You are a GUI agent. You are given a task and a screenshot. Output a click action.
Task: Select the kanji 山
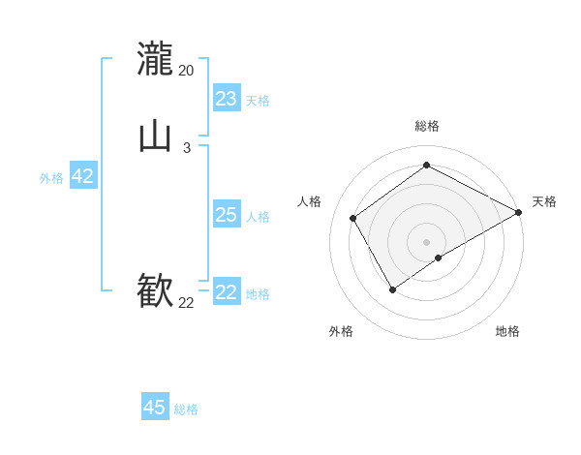(155, 136)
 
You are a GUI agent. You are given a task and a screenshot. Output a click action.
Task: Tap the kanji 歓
(155, 290)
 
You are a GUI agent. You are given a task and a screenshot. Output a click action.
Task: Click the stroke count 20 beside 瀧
(186, 71)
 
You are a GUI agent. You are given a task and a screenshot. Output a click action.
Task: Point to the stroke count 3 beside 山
(186, 148)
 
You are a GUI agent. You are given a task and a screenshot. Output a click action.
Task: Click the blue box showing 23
(226, 99)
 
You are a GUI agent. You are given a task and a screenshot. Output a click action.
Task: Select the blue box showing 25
(226, 215)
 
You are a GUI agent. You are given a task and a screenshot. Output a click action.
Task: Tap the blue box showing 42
(82, 176)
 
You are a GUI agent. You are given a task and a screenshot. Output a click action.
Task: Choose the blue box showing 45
(155, 408)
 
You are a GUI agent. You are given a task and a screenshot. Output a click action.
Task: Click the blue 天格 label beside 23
(258, 101)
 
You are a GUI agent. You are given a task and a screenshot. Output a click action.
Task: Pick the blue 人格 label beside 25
(258, 217)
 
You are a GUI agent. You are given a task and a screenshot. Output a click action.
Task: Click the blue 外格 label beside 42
(51, 178)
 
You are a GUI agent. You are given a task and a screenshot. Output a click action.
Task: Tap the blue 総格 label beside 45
(186, 409)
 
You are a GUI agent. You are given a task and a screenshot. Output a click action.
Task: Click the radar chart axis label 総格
(427, 126)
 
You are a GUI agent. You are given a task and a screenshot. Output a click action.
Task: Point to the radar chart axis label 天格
(544, 201)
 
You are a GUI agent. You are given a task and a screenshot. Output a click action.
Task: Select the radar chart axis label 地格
(507, 331)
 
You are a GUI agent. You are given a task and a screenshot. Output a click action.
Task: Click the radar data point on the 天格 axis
(519, 212)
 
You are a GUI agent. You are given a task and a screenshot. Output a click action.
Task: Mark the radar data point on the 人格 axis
(353, 218)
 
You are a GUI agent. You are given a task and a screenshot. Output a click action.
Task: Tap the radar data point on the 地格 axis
(439, 258)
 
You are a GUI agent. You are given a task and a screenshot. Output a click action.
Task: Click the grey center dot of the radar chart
(427, 242)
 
